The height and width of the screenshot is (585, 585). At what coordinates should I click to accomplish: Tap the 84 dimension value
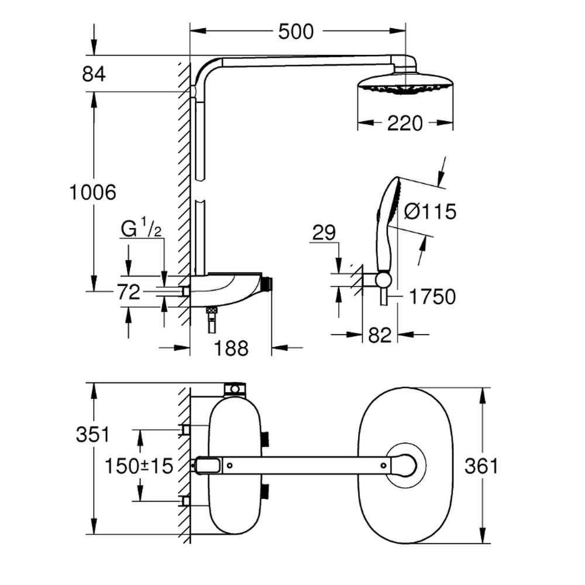click(x=94, y=74)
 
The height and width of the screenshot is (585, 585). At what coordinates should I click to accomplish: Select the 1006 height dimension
click(x=92, y=191)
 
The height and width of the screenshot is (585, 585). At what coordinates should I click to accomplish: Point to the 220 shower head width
click(x=405, y=123)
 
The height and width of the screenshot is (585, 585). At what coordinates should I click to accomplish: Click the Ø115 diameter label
click(x=430, y=211)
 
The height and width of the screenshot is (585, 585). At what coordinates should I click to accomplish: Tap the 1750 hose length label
click(x=432, y=297)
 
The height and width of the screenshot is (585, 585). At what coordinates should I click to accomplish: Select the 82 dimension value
click(x=380, y=335)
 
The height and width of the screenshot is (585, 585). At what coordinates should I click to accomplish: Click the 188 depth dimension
click(x=230, y=349)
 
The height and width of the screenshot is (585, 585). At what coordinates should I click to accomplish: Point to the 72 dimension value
click(x=128, y=291)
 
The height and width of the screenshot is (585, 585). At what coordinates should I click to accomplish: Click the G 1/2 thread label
click(x=141, y=229)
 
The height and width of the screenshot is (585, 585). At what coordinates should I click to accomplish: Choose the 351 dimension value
click(x=93, y=434)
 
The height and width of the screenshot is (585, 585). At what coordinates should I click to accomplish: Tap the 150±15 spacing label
click(x=139, y=466)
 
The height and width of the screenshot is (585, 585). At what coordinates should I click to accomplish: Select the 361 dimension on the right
click(x=481, y=466)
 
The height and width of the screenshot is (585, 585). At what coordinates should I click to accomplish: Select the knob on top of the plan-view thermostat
click(x=235, y=388)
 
